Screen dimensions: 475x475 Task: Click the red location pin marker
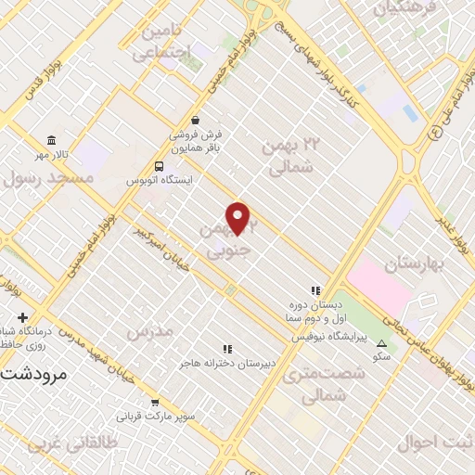238,218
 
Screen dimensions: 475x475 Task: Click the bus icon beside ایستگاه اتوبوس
159,166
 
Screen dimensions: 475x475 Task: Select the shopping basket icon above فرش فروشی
195,120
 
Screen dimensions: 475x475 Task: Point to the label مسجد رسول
48,176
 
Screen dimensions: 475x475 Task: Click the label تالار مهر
53,151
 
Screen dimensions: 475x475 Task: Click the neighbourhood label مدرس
150,331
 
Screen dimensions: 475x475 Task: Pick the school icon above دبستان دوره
315,289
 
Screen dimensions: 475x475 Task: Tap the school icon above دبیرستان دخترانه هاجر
227,349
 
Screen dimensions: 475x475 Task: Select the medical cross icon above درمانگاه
22,317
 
